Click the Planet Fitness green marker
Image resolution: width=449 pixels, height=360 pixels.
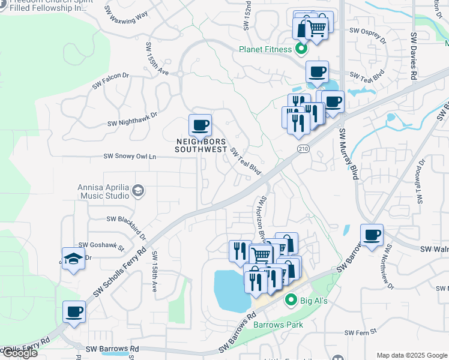coord(302,49)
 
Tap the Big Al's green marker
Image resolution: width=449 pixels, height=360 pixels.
coord(291,299)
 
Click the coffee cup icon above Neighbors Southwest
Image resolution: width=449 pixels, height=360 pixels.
coord(200,125)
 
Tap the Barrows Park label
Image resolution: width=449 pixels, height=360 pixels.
coord(277,325)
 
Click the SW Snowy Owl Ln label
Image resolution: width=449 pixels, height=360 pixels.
coord(130,156)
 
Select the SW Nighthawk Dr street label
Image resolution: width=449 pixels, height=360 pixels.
coord(132,119)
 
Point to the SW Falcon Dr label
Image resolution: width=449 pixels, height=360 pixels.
coord(110,82)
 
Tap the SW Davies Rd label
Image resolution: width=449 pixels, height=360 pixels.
coord(414,57)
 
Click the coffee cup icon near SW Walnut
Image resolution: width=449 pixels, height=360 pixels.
coord(372,235)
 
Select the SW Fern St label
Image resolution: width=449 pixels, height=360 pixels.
coord(360,331)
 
